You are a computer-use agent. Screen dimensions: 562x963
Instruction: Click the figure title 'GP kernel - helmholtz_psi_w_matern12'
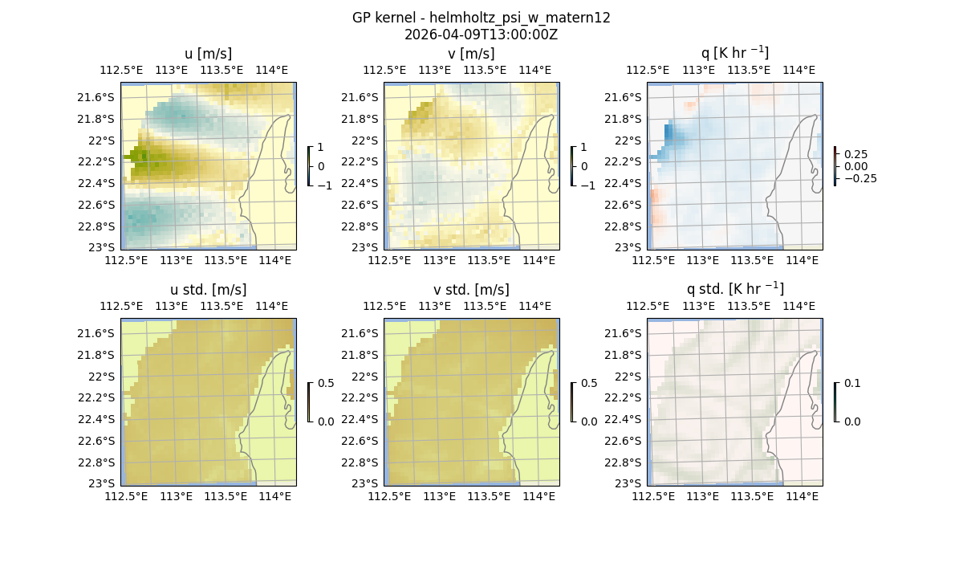[481, 18]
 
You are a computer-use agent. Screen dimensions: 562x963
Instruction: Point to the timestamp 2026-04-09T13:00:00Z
[481, 35]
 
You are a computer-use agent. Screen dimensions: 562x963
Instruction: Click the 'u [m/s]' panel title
[208, 54]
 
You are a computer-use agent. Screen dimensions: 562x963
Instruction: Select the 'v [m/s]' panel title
[471, 54]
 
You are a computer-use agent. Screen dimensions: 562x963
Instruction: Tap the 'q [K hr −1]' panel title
[734, 53]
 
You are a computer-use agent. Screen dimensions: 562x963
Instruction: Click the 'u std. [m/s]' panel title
[208, 290]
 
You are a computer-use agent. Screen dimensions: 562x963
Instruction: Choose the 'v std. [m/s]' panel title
[471, 290]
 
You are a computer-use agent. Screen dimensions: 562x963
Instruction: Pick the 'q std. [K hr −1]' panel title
[734, 289]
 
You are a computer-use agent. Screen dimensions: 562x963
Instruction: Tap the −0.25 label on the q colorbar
[859, 178]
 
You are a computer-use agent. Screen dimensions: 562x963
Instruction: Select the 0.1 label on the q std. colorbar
[851, 384]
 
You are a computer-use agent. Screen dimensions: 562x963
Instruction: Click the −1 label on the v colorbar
[589, 185]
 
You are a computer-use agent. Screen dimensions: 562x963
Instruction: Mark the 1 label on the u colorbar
[322, 148]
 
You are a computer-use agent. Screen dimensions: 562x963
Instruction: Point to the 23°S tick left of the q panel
[631, 247]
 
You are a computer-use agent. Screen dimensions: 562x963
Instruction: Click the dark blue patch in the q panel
[668, 132]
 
